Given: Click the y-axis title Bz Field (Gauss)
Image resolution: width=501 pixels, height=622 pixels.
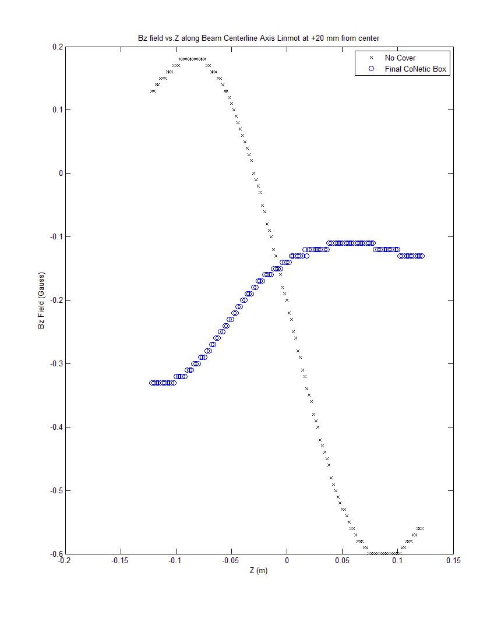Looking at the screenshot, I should pos(41,300).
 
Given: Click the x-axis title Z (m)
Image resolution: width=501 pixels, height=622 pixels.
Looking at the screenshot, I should pos(259,571).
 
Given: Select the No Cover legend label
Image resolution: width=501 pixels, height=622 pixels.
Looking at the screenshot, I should pos(400,58).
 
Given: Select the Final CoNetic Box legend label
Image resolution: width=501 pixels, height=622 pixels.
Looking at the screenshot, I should pos(417,69).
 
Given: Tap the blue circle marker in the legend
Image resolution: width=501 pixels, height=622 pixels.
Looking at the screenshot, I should pos(371,69).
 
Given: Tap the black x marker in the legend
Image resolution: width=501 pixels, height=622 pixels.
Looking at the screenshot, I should pos(371,58).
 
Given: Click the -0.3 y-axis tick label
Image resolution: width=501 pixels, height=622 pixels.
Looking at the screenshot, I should pos(56,363).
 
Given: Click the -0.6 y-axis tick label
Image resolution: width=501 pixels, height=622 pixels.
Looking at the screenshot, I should pos(56,554).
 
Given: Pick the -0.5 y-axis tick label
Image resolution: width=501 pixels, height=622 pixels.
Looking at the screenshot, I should pos(56,490).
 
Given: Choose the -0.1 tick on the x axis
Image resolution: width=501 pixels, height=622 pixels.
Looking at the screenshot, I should pos(175,561).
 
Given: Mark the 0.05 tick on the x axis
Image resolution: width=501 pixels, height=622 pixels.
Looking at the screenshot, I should pos(342,561).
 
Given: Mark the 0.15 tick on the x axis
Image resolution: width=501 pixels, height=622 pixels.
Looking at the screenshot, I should pos(453,561).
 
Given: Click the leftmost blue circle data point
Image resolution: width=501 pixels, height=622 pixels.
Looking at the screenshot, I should pos(151,383).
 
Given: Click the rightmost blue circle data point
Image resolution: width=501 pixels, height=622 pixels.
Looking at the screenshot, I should pos(422,256).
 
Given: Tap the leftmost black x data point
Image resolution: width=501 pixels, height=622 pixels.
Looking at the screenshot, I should pos(151,91).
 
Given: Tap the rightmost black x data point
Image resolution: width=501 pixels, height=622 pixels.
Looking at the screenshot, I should pos(422,528).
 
